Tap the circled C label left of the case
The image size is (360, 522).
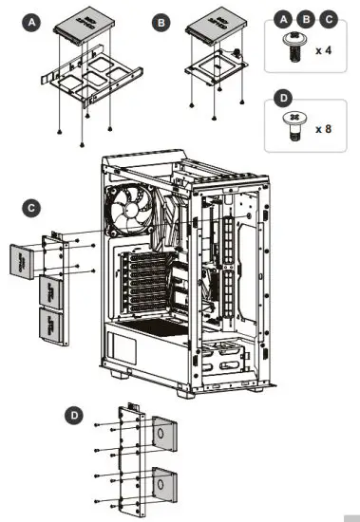pos(31,206)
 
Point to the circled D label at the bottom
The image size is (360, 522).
pos(75,415)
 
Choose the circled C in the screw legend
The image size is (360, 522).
pos(328,18)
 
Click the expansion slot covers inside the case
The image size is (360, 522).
pos(142,280)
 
